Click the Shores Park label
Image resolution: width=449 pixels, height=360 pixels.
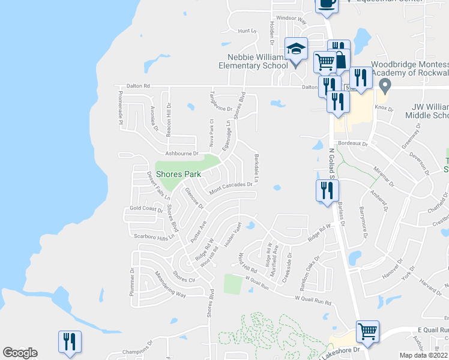click(x=178, y=174)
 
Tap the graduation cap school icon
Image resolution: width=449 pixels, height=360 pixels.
click(x=295, y=49)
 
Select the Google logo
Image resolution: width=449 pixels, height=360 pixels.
click(x=20, y=353)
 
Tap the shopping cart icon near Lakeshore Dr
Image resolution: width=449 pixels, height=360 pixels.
click(x=367, y=332)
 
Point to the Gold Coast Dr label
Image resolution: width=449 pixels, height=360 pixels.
click(x=146, y=209)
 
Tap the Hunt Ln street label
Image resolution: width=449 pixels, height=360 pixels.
click(x=247, y=31)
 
